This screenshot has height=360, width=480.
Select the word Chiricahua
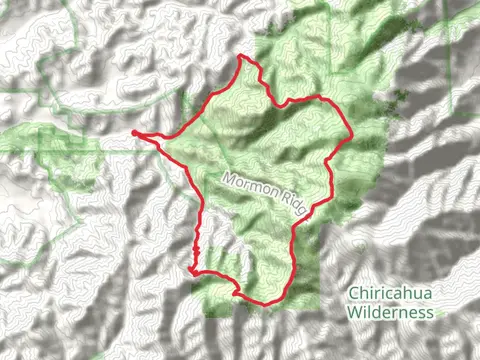pos(390,294)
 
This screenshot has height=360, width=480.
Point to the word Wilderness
pos(390,311)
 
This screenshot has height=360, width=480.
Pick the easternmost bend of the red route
pos(352,135)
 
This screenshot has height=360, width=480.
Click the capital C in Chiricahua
pos(353,294)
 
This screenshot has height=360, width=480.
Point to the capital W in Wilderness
pos(354,311)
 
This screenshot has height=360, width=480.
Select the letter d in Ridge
pos(292,200)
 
